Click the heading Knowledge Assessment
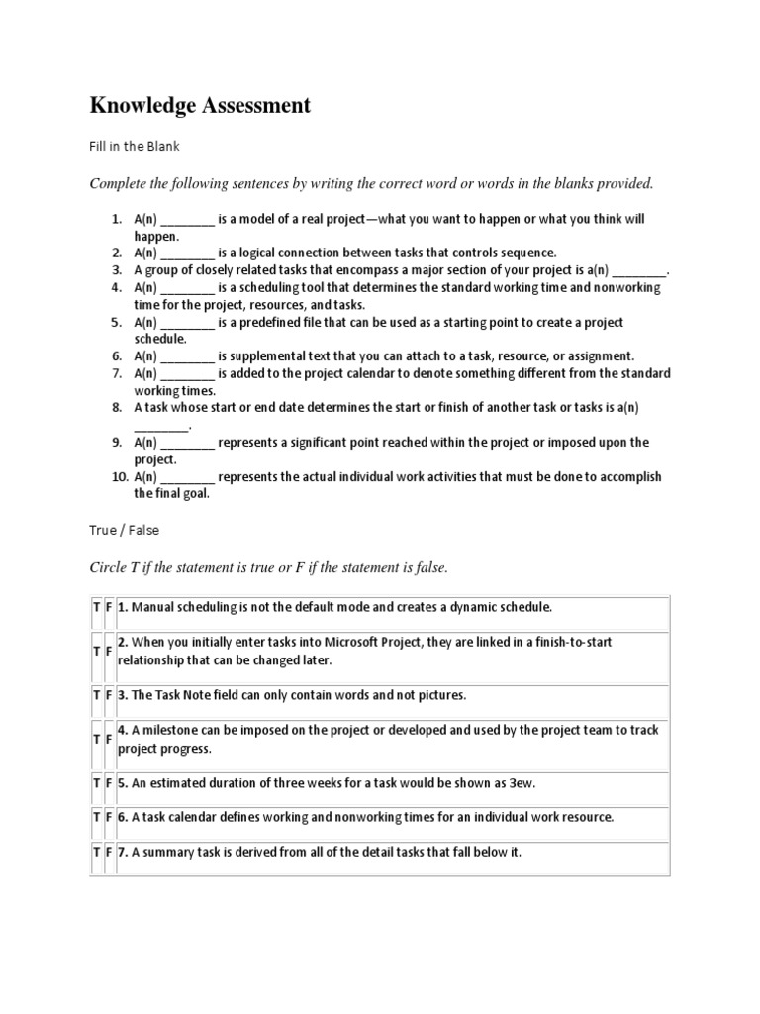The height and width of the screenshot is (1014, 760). pos(200,105)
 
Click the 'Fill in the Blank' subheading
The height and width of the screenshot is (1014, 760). pos(135,146)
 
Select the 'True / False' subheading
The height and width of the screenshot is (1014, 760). pos(124,530)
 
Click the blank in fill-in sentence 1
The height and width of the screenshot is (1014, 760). pos(187,219)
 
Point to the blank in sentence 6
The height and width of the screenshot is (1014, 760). pos(187,356)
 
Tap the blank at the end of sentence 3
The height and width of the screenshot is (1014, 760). pos(640,270)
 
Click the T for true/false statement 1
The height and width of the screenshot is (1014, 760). pos(96,607)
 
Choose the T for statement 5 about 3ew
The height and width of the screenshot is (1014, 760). pos(96,783)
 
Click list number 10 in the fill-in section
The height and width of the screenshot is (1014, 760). pos(119,477)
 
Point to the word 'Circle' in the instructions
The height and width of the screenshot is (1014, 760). pos(109,567)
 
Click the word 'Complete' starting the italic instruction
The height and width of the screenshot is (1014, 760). pos(119,183)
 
